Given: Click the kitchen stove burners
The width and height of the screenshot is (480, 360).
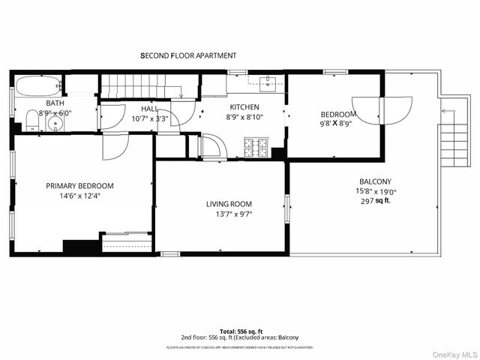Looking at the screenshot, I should pos(256,148).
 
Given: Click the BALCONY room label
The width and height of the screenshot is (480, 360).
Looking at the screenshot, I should pos(375,181).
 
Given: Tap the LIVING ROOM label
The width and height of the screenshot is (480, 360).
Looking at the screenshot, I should pos(229,204).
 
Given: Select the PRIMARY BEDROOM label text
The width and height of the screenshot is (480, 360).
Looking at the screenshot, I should pos(79,186).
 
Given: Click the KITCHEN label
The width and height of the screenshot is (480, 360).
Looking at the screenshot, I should pos(244,106).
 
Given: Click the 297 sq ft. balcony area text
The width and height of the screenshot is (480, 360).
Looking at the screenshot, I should pos(377,201).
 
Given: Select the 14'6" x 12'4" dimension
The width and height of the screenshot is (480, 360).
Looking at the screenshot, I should pos(79,196).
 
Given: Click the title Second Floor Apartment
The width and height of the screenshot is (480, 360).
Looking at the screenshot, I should pos(188,55).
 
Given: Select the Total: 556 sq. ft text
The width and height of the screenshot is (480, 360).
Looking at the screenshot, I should pos(239,331).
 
